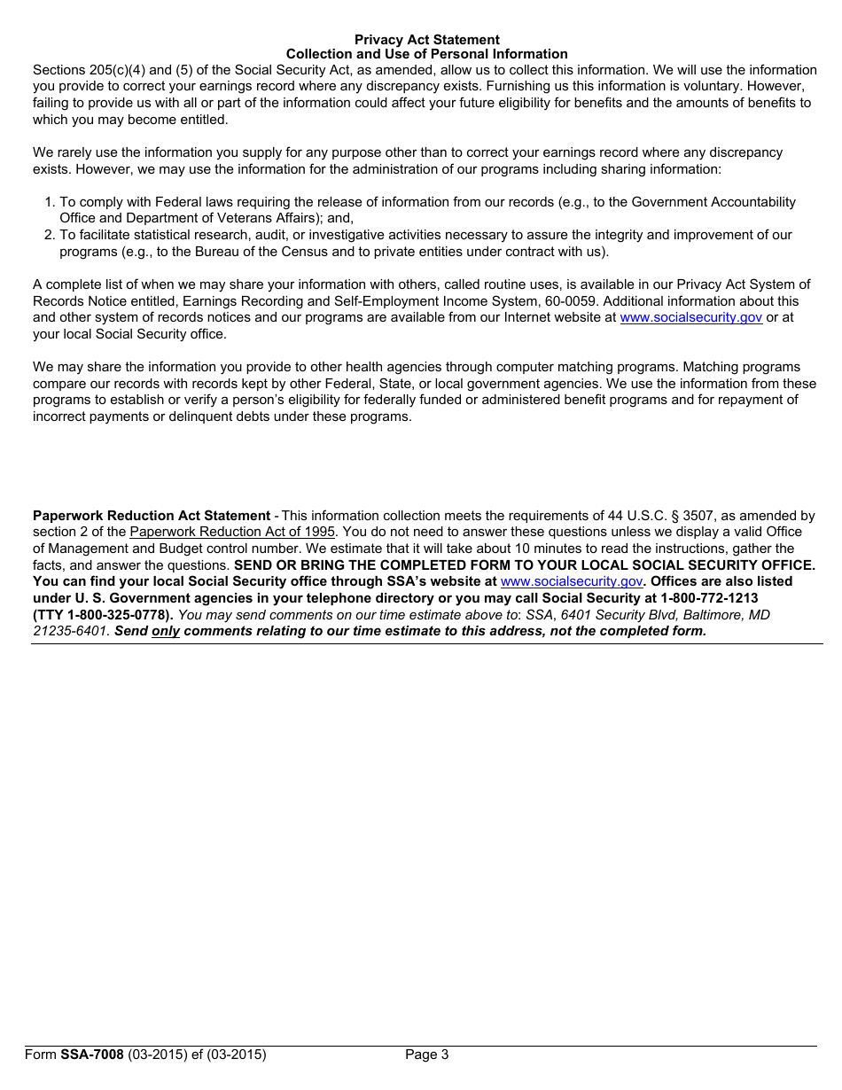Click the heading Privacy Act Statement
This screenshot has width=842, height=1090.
426,40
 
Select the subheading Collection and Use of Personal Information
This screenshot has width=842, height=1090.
426,54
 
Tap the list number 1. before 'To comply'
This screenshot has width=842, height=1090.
50,203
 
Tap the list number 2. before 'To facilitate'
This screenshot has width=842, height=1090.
50,235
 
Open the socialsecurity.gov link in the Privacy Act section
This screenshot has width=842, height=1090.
690,317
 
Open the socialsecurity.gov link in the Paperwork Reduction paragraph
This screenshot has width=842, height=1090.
571,581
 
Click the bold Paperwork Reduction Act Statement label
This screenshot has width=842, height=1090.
152,516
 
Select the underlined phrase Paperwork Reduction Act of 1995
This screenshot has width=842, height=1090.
232,532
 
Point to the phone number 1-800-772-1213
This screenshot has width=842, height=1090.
709,598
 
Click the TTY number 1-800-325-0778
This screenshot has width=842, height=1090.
118,615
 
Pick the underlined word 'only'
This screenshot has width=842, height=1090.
166,631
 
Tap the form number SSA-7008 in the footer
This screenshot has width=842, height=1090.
92,1055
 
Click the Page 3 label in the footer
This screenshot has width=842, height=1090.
427,1055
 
